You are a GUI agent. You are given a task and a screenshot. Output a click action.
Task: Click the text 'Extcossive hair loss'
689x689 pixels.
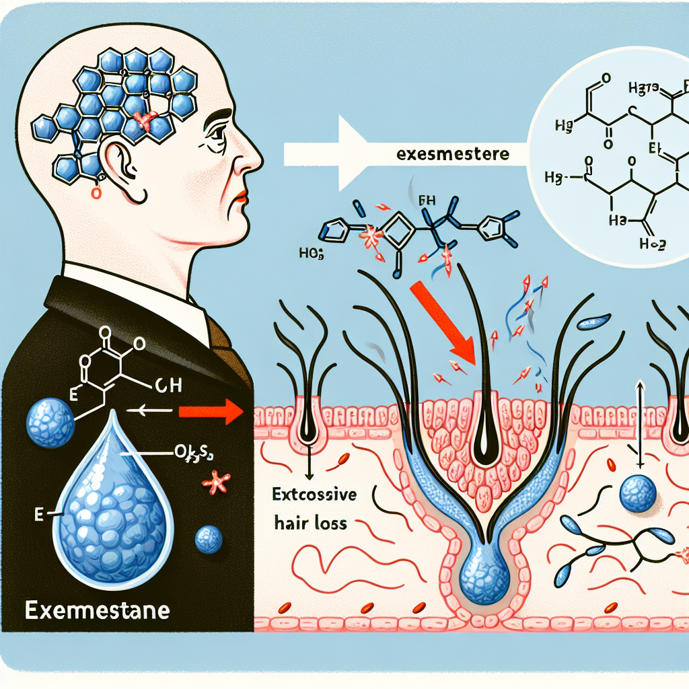coord(316,509)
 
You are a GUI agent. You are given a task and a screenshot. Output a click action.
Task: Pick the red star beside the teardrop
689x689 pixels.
coord(216,483)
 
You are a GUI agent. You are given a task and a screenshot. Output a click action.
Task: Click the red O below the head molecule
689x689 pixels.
coord(95,193)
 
